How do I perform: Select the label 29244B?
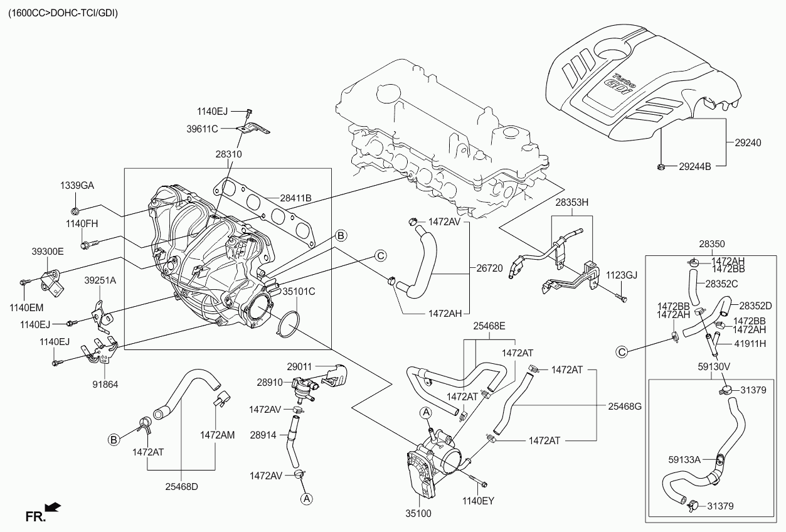[x=694, y=167]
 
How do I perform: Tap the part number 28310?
[x=228, y=154]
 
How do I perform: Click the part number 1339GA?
[x=77, y=186]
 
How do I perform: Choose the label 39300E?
[x=48, y=251]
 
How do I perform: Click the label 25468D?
[x=181, y=486]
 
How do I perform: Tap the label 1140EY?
[x=479, y=501]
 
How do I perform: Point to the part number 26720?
[x=489, y=268]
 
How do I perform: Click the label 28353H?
[x=571, y=203]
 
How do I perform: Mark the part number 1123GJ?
[x=621, y=275]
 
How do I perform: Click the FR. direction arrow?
[x=54, y=506]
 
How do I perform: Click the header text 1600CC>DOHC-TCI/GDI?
[x=62, y=13]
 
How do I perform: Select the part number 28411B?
[x=295, y=199]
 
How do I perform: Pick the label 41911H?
[x=748, y=343]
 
